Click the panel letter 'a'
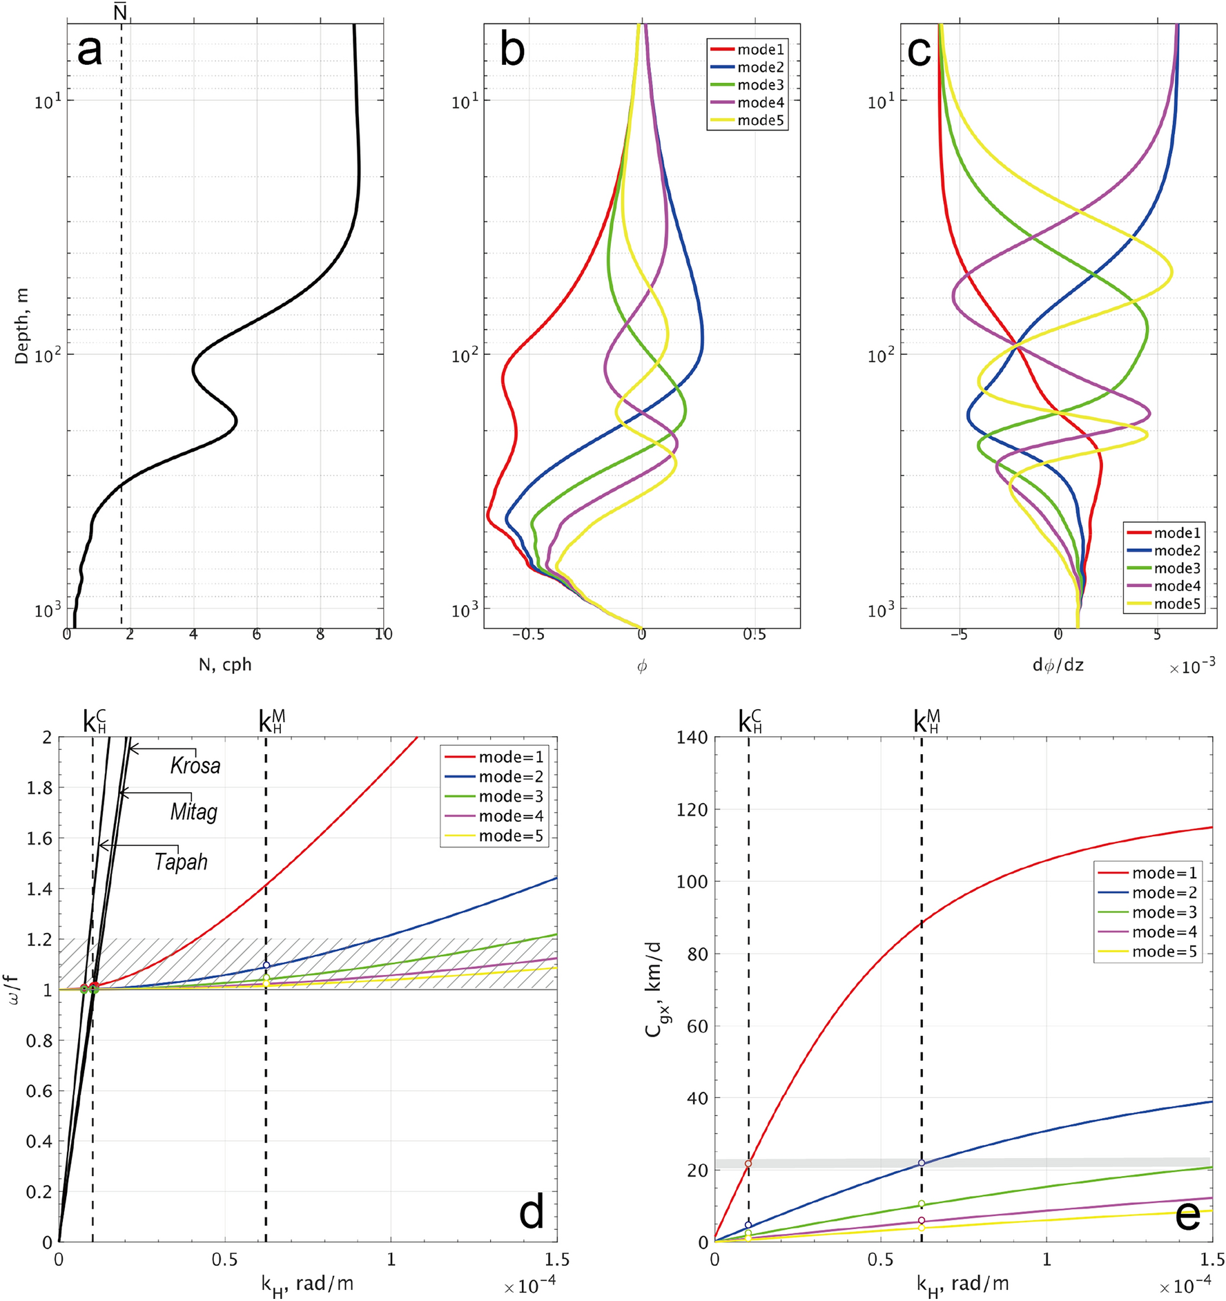tap(90, 51)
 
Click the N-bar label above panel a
tap(121, 12)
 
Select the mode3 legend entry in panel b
tap(760, 85)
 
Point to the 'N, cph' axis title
tap(225, 664)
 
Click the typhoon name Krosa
tap(195, 766)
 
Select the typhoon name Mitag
tap(194, 811)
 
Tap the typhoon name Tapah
tap(181, 862)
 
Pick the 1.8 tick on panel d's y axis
tap(39, 788)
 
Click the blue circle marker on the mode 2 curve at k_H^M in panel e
tap(922, 1164)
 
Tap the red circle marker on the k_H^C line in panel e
tap(748, 1164)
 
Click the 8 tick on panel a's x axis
tap(320, 634)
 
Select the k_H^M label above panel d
tap(271, 721)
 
